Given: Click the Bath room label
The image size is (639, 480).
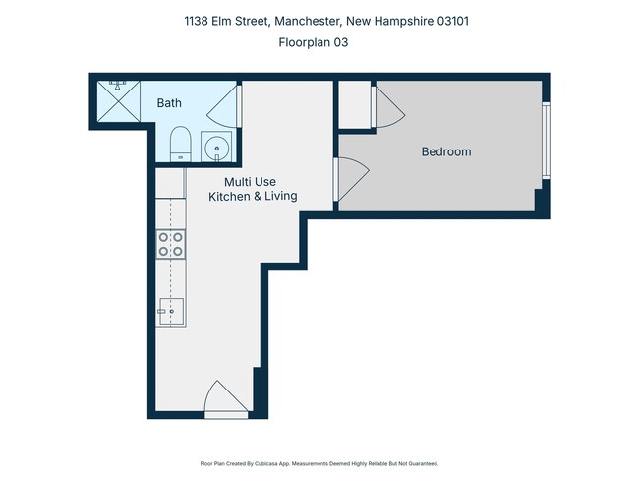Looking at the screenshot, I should coord(169,102).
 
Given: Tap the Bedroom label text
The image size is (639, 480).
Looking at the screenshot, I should coord(446,151).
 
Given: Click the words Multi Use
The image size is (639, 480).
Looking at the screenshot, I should coord(251,181).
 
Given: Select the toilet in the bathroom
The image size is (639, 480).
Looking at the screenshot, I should coord(180,143).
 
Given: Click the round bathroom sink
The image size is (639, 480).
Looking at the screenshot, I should coord(216,148).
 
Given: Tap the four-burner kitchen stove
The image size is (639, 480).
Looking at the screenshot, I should coord(171,244).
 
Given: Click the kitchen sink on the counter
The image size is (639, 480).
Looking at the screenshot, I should coord(171,312).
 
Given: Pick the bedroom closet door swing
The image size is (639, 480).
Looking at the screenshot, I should coord(387,103).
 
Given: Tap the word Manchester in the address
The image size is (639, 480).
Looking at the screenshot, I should coord(306,21).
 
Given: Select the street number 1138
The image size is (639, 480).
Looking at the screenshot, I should coord(198,21).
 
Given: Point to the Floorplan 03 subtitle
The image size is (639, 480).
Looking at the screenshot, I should coord(315,42).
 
